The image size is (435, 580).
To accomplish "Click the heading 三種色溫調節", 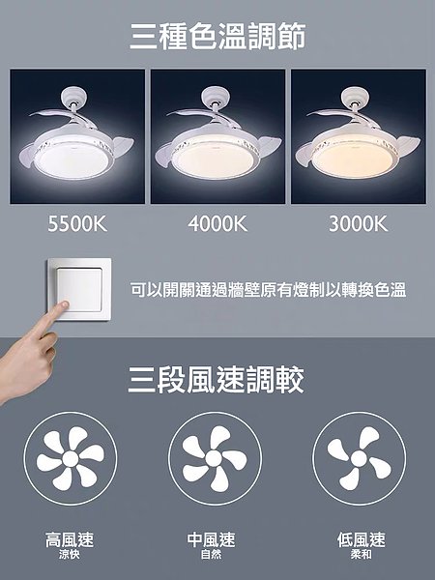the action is [x=217, y=36].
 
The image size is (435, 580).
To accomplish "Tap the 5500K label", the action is [x=77, y=224].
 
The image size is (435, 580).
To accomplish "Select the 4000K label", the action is [x=217, y=224].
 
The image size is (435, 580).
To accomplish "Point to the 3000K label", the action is [x=358, y=224].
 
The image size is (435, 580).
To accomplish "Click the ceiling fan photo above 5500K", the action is [x=77, y=136].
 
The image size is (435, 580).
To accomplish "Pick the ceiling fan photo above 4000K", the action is [x=217, y=136].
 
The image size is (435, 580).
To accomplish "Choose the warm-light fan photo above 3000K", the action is [x=359, y=136].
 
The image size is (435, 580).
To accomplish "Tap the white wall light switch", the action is [x=79, y=290].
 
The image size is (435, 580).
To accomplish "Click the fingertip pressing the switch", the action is [x=64, y=305].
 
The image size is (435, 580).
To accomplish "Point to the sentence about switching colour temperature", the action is [x=268, y=290].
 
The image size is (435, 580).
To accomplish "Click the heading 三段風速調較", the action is [x=216, y=380].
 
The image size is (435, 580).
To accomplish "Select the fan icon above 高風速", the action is [x=71, y=458].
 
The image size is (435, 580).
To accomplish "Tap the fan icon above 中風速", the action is [x=215, y=458].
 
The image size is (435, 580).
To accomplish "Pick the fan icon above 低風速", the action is [x=360, y=458].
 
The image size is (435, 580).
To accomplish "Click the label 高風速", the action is [x=70, y=539].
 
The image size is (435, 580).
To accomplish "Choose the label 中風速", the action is [x=211, y=539].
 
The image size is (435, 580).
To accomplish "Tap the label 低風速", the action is [x=362, y=539].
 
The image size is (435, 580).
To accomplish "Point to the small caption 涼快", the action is [x=70, y=554].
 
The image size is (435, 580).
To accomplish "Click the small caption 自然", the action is [x=211, y=554].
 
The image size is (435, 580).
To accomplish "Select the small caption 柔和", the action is [x=362, y=554].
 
